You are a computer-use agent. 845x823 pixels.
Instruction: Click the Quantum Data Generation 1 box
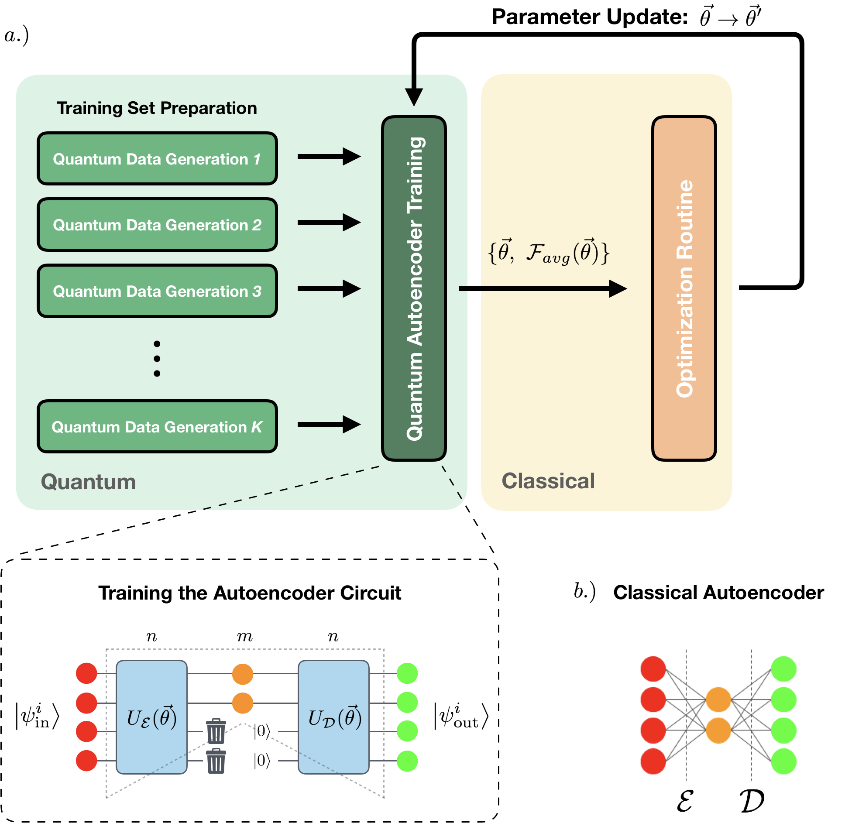tap(157, 158)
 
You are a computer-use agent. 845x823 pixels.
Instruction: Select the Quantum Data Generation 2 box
tap(157, 224)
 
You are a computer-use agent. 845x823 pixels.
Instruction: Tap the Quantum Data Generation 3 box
tap(157, 291)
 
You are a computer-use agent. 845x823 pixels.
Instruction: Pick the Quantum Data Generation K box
tap(157, 426)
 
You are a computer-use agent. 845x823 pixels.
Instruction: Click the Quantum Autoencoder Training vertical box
tap(414, 288)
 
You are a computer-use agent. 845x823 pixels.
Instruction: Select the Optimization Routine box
tap(684, 288)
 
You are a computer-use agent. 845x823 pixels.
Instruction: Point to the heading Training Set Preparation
tap(157, 108)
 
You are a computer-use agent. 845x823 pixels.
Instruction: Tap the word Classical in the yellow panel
tap(548, 481)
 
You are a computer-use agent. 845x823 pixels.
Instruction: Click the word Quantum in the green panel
tap(88, 482)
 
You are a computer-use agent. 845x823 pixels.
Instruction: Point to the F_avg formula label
tap(549, 252)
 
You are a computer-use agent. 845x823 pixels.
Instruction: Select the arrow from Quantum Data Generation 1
tap(329, 156)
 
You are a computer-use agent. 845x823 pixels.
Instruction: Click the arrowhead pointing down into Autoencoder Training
tap(414, 97)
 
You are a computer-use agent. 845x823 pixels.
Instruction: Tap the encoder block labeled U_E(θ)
tap(151, 717)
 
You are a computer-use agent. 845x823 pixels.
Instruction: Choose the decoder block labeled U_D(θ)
tap(333, 717)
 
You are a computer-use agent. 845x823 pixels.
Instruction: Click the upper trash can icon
tap(216, 731)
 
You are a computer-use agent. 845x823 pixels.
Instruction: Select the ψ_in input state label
tap(38, 716)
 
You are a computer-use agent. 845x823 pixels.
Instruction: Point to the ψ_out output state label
tap(461, 716)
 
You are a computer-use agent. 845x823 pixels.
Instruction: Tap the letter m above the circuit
tap(245, 637)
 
